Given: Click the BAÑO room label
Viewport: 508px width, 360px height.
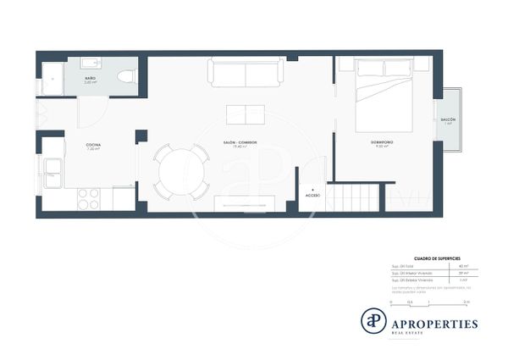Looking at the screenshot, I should point(90,78).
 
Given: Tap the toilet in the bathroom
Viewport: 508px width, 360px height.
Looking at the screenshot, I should point(126,75).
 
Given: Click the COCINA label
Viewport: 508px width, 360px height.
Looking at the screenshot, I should point(93,146).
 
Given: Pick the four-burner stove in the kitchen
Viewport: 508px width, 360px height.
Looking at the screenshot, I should point(89,198).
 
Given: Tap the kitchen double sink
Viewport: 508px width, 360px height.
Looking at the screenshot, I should point(52,174).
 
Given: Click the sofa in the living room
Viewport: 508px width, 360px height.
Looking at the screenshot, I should point(246,73).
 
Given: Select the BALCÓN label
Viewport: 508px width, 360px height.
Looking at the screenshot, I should point(448,121).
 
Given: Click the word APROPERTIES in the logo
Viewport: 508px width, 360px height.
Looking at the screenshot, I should point(434,323).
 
